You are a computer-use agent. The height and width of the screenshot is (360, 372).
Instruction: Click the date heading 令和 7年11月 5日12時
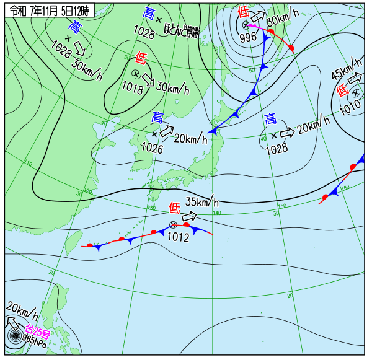click(49, 9)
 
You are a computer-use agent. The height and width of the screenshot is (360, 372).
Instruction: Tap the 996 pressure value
click(248, 37)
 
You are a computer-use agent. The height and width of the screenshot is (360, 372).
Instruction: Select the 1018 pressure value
click(133, 89)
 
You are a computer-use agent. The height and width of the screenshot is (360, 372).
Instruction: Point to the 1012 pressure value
click(178, 236)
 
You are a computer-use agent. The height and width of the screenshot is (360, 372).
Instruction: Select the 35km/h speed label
click(202, 202)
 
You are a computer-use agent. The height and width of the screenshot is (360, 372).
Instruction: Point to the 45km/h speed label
click(345, 69)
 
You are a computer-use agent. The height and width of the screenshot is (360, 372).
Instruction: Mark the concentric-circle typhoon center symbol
click(14, 337)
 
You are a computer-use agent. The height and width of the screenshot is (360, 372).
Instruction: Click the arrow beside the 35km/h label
click(189, 216)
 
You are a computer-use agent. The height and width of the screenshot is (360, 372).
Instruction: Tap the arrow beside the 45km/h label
click(355, 79)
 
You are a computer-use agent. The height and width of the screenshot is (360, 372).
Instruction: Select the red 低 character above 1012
click(174, 208)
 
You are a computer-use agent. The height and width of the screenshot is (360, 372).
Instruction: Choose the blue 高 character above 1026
click(157, 117)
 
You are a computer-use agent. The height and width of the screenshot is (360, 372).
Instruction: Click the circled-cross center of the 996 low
click(246, 25)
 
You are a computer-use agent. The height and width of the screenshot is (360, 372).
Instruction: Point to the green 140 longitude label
click(216, 213)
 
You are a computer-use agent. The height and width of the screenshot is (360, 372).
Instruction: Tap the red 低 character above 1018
click(141, 59)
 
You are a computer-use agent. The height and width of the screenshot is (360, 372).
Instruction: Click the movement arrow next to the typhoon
click(12, 323)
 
